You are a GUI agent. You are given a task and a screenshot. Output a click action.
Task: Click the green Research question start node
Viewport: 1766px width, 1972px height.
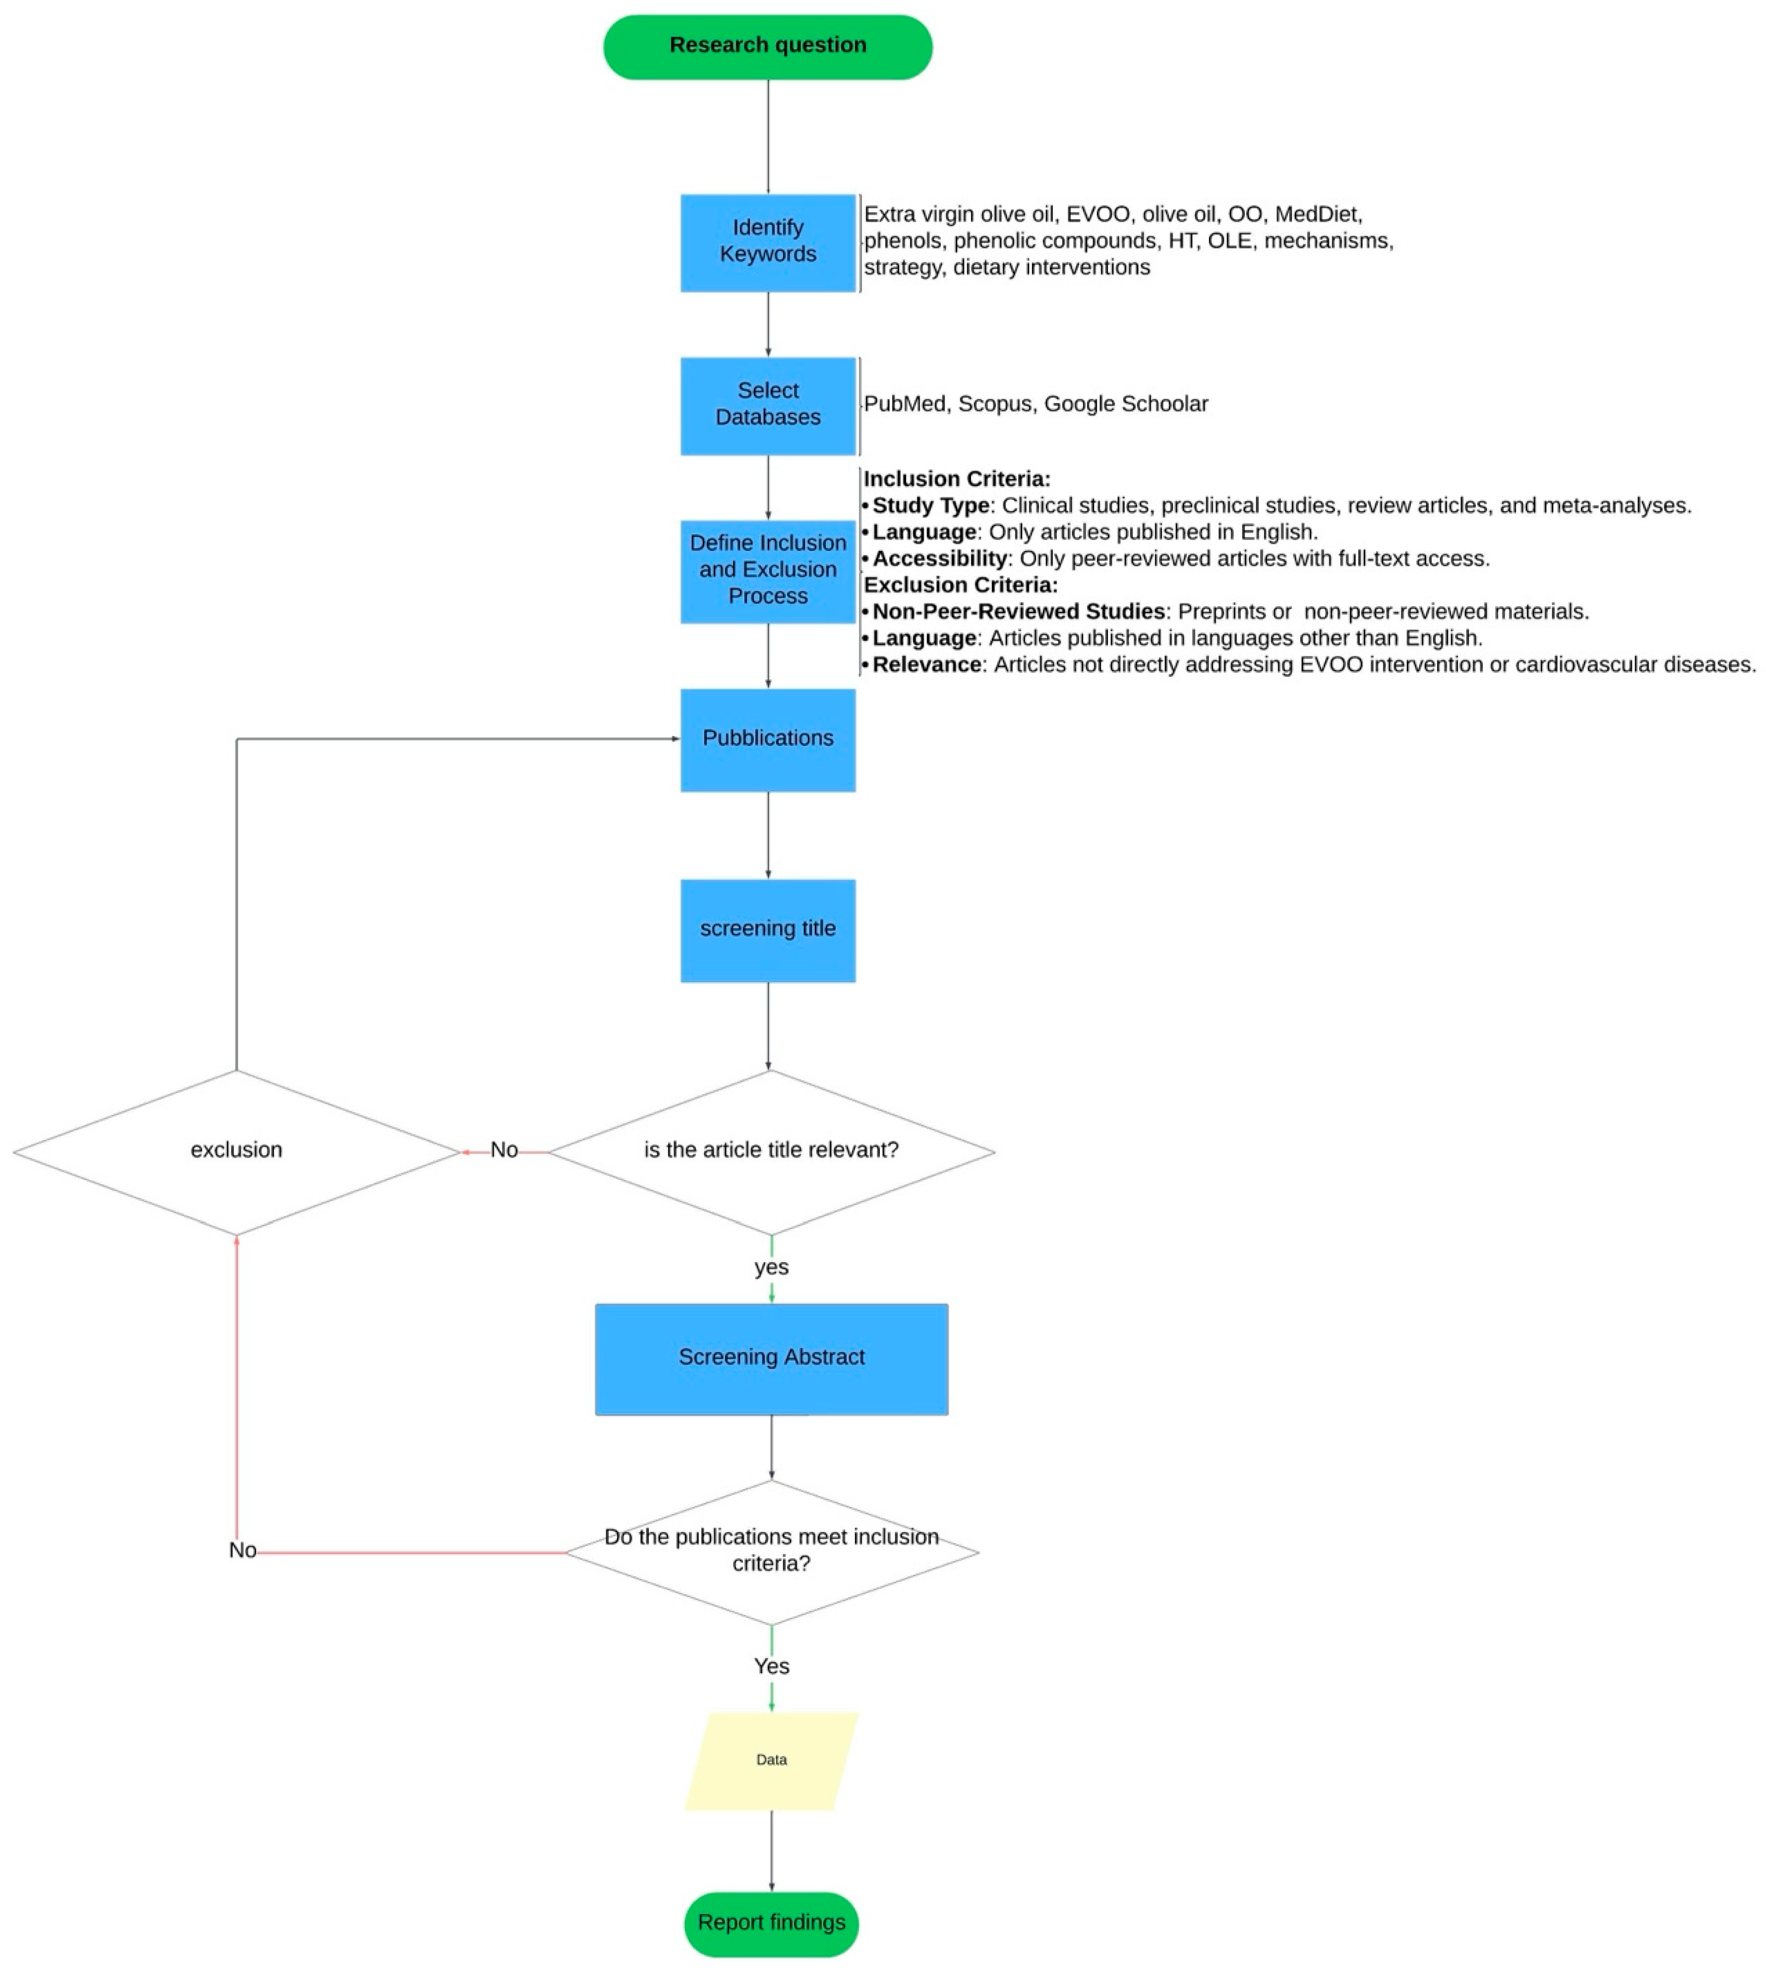click(x=768, y=47)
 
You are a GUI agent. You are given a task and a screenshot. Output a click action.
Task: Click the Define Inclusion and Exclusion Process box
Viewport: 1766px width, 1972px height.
click(x=768, y=571)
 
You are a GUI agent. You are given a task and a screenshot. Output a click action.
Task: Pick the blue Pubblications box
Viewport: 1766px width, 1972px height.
click(x=768, y=740)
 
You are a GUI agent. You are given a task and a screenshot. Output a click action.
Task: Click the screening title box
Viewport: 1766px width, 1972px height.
click(x=768, y=930)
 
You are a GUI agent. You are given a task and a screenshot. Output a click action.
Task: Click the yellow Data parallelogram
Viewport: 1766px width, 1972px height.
click(x=772, y=1759)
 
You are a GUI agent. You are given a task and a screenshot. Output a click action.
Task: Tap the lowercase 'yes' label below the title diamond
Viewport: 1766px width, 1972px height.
click(x=772, y=1267)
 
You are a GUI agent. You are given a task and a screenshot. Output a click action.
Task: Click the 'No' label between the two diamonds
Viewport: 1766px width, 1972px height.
click(x=504, y=1150)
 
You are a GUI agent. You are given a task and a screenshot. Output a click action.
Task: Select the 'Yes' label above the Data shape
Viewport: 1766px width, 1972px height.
click(x=772, y=1666)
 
